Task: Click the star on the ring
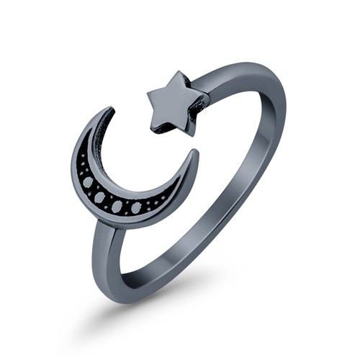point(178,106)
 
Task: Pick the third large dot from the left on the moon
point(117,206)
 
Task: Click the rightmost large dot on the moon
point(136,208)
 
